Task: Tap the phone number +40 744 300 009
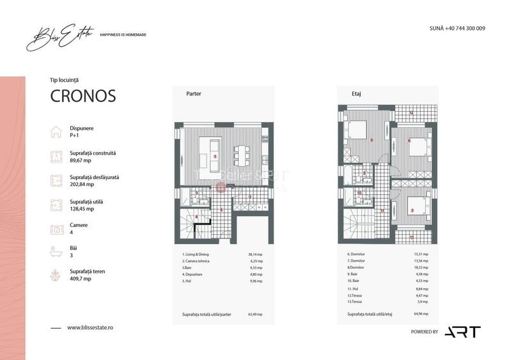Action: coord(457,29)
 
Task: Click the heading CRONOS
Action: coord(82,96)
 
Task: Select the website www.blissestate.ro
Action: coord(90,327)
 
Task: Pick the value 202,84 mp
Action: coord(81,184)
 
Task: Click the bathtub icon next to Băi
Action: coord(56,251)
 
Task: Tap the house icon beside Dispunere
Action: coord(56,132)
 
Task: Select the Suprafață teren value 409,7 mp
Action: coord(80,279)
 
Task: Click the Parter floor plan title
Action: coord(193,93)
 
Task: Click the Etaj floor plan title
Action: coord(356,93)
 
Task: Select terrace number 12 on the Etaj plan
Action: coord(411,114)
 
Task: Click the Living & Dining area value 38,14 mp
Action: coord(255,254)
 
